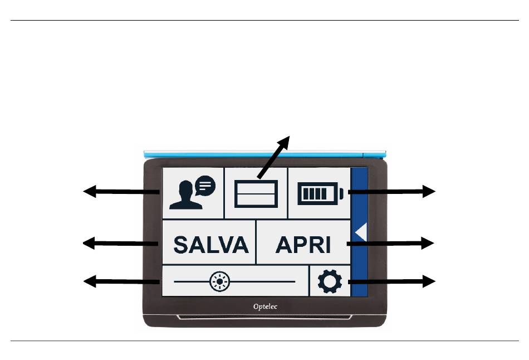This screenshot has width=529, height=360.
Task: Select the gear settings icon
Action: click(x=330, y=282)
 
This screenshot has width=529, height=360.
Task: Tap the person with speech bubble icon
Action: click(x=192, y=192)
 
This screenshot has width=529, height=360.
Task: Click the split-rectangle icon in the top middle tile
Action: click(x=256, y=194)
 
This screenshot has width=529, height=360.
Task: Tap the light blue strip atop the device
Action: click(x=264, y=152)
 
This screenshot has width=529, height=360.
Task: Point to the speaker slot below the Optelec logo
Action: click(x=264, y=318)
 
